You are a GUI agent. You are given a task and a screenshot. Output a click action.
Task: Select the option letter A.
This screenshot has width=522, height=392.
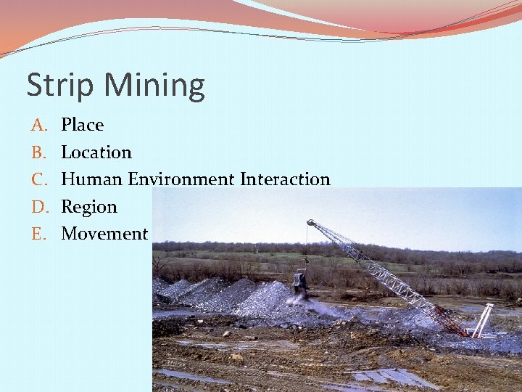[x=38, y=125]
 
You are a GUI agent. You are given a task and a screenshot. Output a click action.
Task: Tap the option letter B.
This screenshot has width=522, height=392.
[x=38, y=152]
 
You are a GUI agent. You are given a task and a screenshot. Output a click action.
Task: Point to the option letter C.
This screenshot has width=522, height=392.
[x=38, y=179]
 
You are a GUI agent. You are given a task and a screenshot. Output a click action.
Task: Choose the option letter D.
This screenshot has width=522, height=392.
[x=38, y=207]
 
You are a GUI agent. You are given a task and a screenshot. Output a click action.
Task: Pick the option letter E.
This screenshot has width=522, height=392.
[x=38, y=234]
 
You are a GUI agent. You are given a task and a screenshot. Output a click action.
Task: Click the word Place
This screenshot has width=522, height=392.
[x=82, y=125]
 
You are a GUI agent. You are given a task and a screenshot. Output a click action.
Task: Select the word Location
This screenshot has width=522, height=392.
[x=96, y=152]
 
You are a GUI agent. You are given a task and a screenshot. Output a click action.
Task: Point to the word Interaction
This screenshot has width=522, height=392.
[x=285, y=179]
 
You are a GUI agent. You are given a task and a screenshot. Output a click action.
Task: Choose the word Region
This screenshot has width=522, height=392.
[x=88, y=207]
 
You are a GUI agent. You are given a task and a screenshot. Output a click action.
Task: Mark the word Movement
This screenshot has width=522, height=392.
[x=104, y=234]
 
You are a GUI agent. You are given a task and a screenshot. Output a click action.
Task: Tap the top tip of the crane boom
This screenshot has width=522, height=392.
[x=310, y=222]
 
